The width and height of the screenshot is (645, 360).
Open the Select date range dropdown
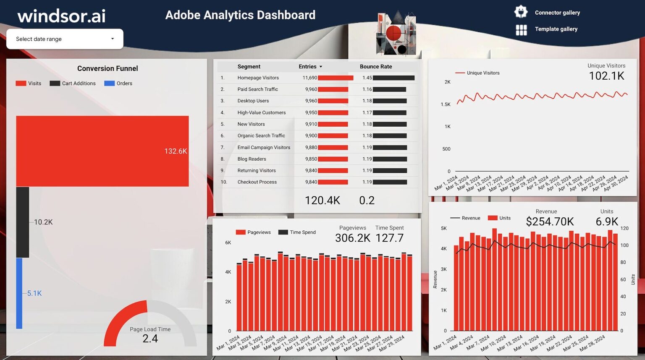65,39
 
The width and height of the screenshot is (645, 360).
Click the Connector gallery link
557,13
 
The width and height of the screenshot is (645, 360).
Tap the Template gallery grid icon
521,29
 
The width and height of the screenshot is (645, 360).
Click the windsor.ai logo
61,16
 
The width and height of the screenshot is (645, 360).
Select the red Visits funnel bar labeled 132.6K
102,151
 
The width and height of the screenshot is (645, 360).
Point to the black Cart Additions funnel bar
23,222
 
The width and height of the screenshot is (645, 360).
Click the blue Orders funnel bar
19,293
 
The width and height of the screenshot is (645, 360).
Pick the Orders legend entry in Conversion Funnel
118,83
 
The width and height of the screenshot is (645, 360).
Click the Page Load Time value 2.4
150,339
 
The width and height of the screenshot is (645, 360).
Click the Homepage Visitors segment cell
258,78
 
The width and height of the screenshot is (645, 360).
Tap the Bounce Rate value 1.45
367,78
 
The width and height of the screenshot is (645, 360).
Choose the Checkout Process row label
257,182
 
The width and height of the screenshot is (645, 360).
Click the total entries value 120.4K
322,201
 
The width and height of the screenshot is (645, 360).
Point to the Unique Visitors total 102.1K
606,76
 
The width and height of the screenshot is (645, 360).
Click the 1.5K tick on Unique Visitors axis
445,104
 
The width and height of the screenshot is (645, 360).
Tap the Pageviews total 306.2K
352,238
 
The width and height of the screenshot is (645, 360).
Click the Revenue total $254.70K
550,222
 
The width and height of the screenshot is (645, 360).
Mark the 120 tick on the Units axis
624,228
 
